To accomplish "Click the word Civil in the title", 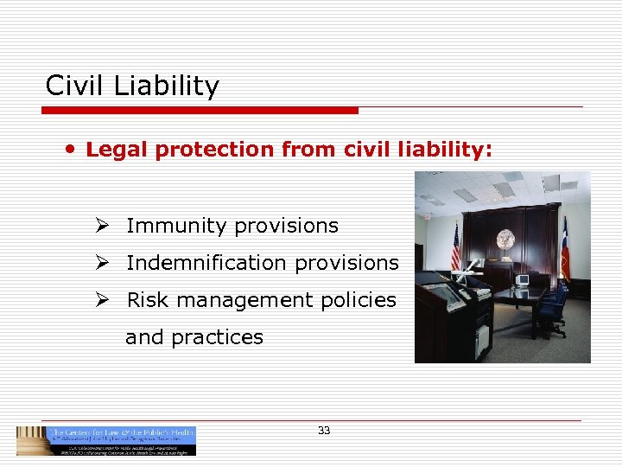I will coord(73,86).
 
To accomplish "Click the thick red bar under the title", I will coord(200,111).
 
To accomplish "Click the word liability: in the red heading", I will coord(447,150).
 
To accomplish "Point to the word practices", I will coord(217,337).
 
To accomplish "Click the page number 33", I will coord(324,430).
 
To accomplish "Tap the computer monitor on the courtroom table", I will coord(523,280).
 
